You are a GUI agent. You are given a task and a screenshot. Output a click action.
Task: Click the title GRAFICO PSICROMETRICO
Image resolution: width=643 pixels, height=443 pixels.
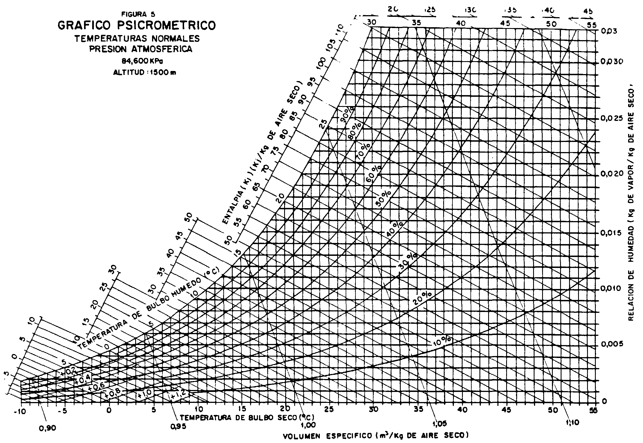(x=137, y=25)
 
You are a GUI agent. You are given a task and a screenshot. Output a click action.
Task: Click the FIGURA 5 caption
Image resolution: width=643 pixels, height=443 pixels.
(x=137, y=14)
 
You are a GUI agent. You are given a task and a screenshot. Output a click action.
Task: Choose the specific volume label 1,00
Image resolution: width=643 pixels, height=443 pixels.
(x=308, y=424)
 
